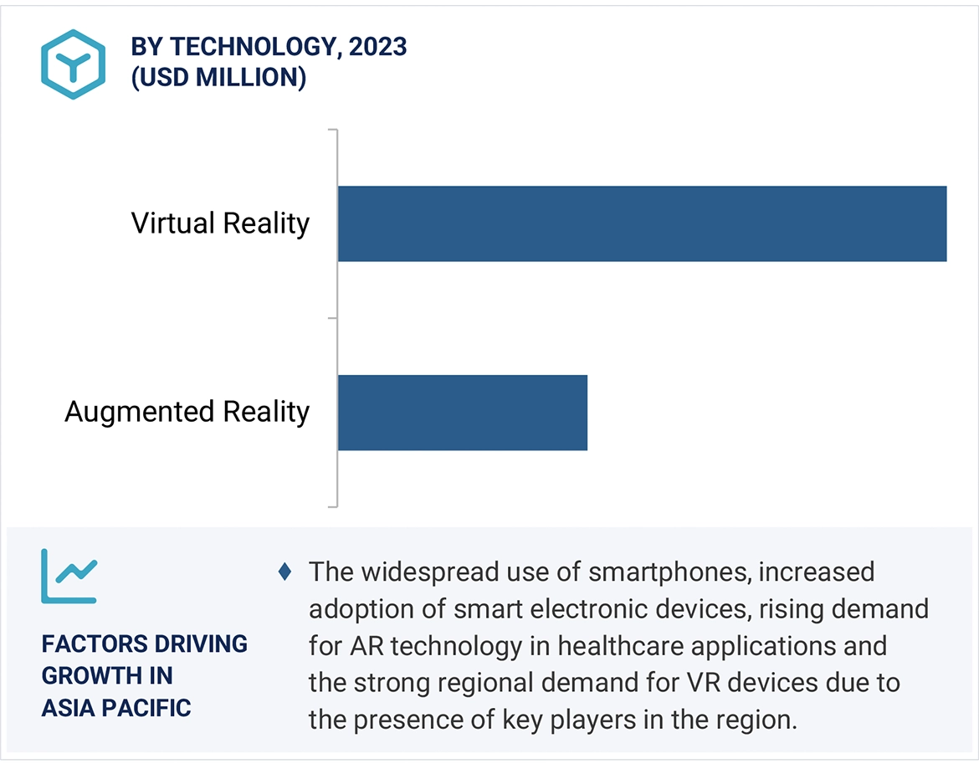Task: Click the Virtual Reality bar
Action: click(642, 223)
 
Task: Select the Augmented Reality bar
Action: click(463, 413)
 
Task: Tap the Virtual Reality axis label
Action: click(220, 223)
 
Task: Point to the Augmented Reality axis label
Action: click(187, 412)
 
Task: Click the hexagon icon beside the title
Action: click(73, 64)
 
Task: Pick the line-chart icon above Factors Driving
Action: click(69, 576)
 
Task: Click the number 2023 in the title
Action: click(378, 47)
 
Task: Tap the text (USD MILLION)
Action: click(218, 78)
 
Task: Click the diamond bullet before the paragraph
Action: click(285, 572)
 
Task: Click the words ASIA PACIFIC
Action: click(116, 708)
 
